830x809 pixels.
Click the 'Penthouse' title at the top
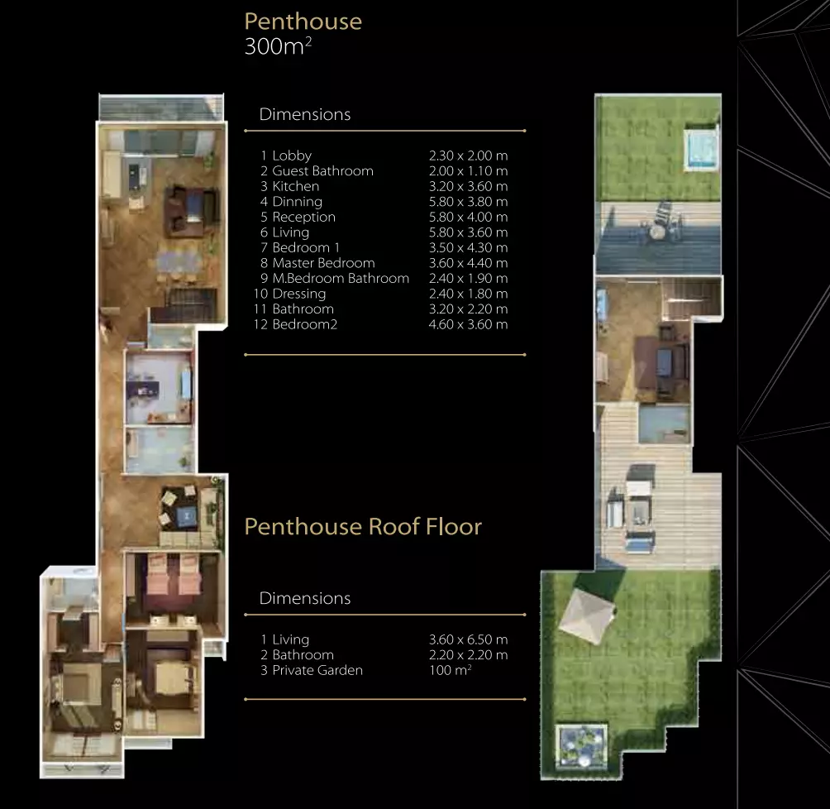click(x=303, y=22)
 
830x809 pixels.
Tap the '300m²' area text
click(x=278, y=46)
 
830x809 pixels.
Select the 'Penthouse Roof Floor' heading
click(x=363, y=527)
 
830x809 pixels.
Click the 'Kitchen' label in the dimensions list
click(x=295, y=186)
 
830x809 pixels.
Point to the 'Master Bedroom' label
click(x=323, y=263)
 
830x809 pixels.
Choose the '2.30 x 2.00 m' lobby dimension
click(x=469, y=156)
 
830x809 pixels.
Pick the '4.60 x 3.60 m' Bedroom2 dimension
click(x=469, y=324)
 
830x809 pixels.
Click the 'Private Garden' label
click(x=317, y=670)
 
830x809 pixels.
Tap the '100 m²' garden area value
click(x=450, y=670)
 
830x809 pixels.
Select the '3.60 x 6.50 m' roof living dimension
click(x=469, y=639)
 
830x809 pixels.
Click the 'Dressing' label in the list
click(x=299, y=294)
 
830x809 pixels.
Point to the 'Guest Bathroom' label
click(x=323, y=171)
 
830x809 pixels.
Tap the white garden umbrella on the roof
click(x=586, y=615)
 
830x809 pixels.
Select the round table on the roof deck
click(x=657, y=232)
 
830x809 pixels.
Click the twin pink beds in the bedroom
click(x=173, y=575)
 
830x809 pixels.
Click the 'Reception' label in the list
click(x=304, y=218)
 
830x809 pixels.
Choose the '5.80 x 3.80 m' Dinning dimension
click(x=469, y=202)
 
